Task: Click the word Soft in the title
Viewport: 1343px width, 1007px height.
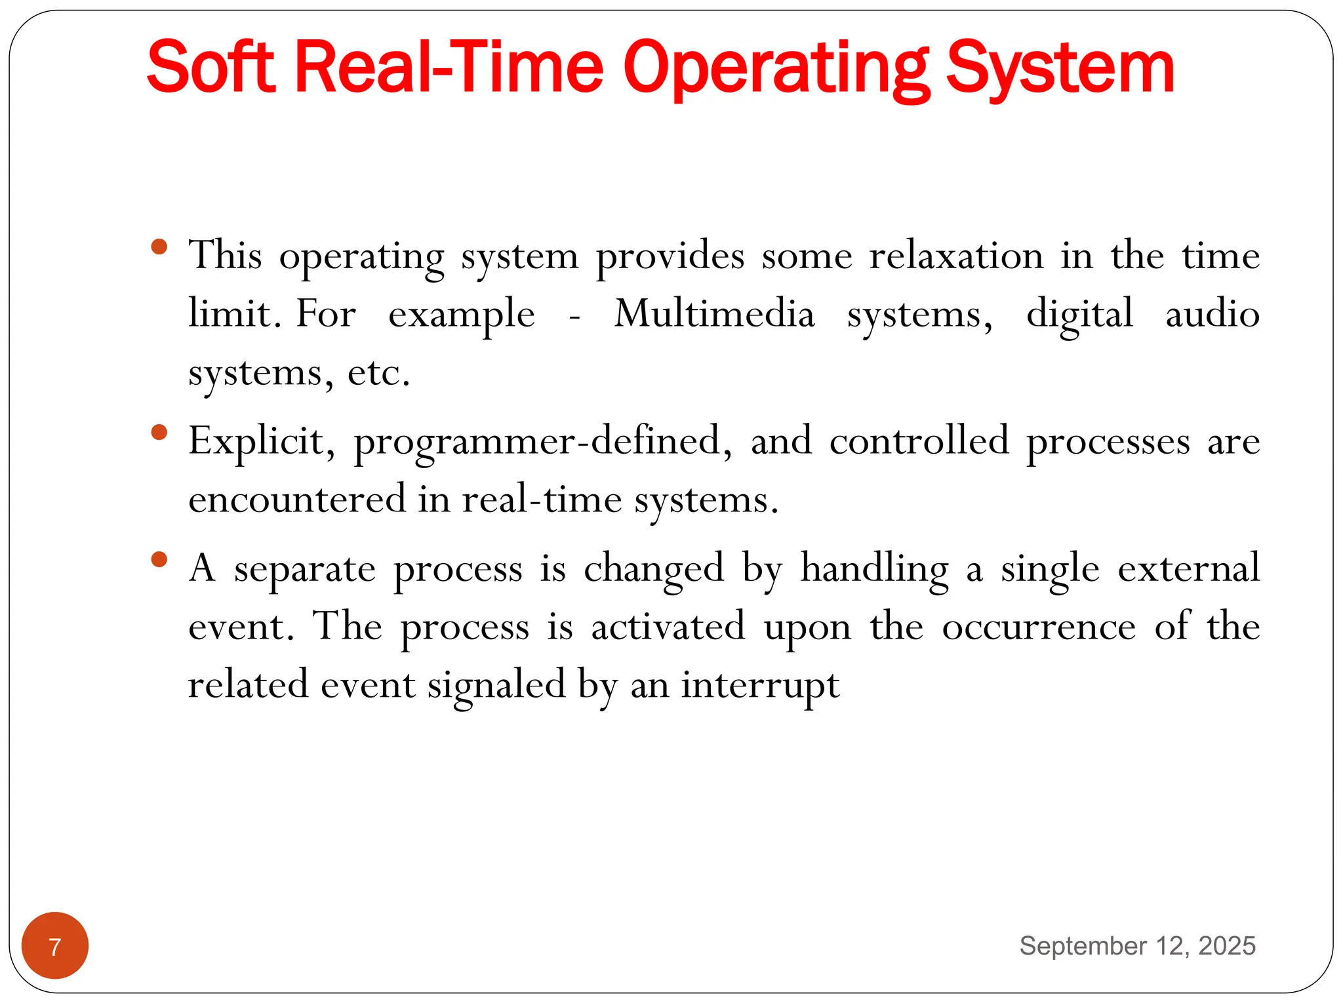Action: click(x=210, y=68)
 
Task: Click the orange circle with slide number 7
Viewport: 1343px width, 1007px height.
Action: click(x=55, y=945)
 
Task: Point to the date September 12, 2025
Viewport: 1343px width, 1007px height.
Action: click(x=1137, y=945)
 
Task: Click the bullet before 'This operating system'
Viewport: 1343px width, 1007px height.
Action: click(x=159, y=248)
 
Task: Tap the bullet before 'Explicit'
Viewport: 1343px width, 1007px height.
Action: click(x=159, y=433)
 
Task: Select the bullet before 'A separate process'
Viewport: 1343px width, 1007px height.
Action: click(x=159, y=559)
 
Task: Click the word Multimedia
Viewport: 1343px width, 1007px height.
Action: click(x=714, y=313)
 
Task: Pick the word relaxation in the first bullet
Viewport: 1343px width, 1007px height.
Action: click(x=956, y=256)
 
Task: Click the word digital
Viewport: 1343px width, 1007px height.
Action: click(x=1079, y=313)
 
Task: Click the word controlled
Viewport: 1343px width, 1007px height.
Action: click(x=919, y=441)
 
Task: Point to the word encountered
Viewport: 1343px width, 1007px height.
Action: click(x=297, y=499)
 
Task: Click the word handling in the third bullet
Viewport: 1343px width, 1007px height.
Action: click(x=874, y=568)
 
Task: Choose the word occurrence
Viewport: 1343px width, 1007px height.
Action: click(x=1039, y=626)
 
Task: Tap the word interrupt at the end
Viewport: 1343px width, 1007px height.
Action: click(x=760, y=685)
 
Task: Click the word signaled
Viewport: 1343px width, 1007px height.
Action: click(x=496, y=685)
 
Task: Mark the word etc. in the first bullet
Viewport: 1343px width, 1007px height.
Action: click(x=378, y=372)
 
